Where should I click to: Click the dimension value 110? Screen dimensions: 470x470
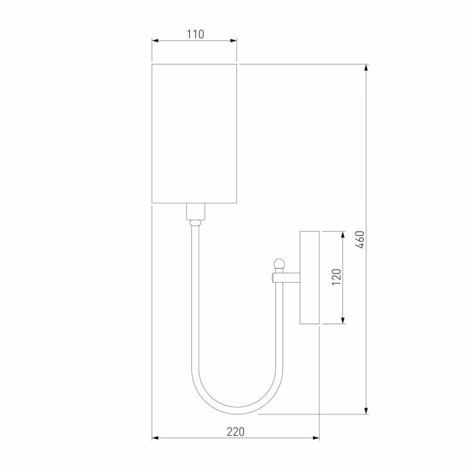tap(195, 34)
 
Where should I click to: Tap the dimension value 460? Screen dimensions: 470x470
tap(360, 240)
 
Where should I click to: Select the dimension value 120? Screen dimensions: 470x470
tap(336, 277)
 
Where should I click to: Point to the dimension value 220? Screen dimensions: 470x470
tap(235, 431)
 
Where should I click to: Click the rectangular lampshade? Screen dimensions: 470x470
tap(195, 133)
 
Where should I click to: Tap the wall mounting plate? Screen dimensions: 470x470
tap(310, 277)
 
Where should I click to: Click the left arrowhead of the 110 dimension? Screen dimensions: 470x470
tap(155, 41)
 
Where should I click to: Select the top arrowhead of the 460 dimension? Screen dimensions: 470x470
tap(366, 67)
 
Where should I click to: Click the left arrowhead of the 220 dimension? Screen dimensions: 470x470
tap(155, 438)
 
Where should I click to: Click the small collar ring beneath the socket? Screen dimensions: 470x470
tap(195, 222)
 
